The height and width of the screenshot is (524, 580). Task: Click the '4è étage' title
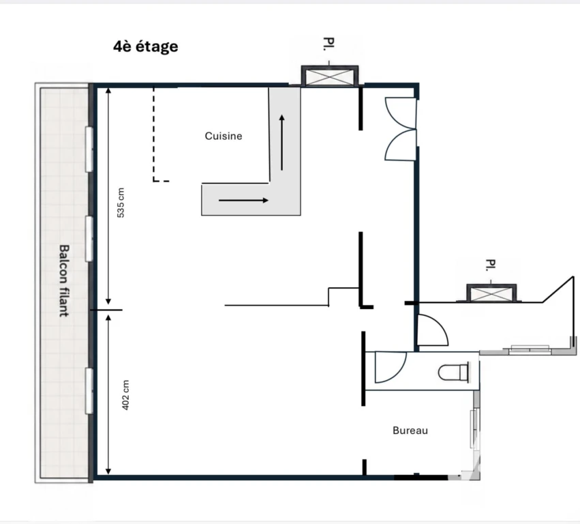(x=146, y=46)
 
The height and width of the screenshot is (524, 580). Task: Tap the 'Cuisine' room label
(x=224, y=136)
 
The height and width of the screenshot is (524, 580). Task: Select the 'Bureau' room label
(x=410, y=431)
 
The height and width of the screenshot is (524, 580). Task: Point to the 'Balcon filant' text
(x=64, y=280)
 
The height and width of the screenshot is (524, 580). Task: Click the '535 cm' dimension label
(x=121, y=203)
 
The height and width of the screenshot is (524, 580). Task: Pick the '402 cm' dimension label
(x=126, y=395)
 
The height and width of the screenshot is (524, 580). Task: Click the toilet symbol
(x=453, y=372)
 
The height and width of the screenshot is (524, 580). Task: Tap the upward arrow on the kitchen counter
(x=282, y=143)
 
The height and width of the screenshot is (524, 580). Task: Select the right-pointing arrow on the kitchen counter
(x=243, y=201)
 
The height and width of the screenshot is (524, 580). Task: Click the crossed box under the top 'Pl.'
(x=330, y=76)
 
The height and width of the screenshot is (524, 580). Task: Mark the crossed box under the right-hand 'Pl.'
(x=491, y=294)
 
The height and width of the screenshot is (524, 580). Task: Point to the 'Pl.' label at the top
(x=329, y=44)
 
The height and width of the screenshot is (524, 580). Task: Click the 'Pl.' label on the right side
(x=491, y=265)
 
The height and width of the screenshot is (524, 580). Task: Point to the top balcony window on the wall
(x=89, y=149)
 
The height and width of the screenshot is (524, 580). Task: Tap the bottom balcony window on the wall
(x=89, y=391)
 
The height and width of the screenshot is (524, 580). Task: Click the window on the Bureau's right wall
(x=474, y=429)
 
